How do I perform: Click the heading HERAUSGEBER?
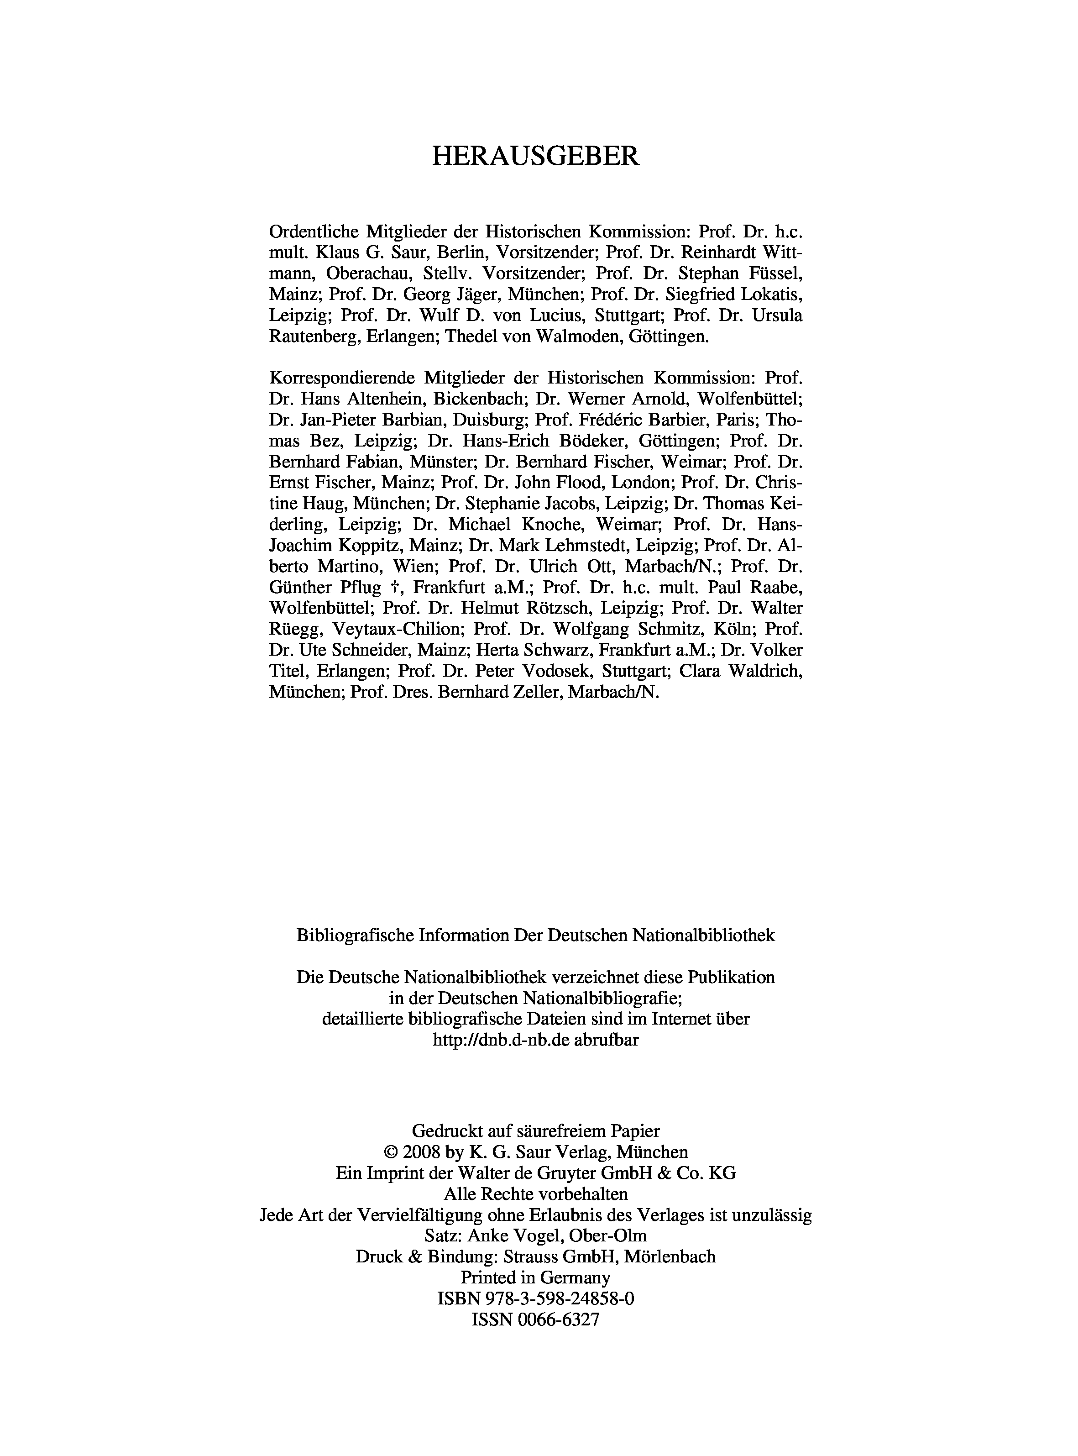click(536, 157)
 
